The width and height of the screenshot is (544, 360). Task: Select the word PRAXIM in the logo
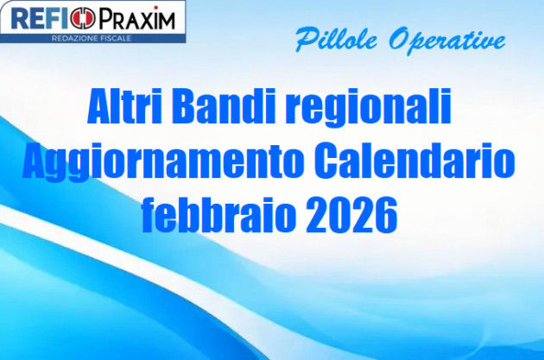click(x=136, y=18)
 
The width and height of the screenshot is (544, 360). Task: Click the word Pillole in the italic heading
click(x=329, y=39)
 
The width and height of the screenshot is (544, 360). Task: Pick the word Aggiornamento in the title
click(x=162, y=163)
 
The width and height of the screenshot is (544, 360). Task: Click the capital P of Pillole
click(x=304, y=38)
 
